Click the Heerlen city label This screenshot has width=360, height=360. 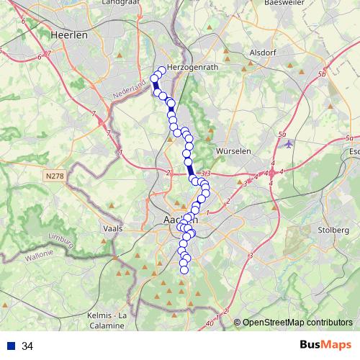[69, 34]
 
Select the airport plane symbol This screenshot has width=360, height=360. [289, 143]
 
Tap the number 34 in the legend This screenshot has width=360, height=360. [27, 346]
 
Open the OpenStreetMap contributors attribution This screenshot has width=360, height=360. [297, 323]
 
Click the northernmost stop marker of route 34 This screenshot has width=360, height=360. [162, 71]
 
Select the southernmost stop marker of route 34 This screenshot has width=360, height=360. [184, 269]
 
